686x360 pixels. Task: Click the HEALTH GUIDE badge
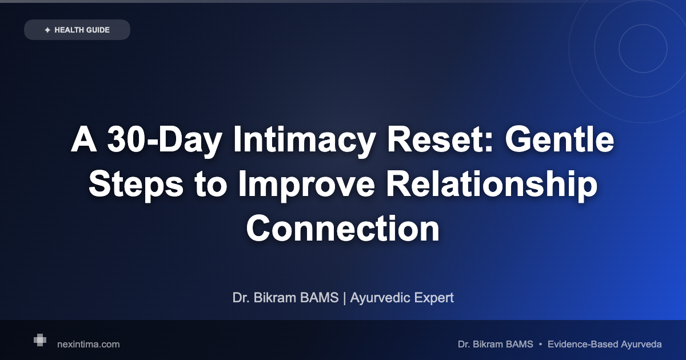tap(77, 30)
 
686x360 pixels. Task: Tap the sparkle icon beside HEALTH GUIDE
tap(47, 30)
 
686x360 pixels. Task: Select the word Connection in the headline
tap(343, 229)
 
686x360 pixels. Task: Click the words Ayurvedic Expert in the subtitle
tap(402, 298)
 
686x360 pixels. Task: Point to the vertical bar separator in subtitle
tap(344, 298)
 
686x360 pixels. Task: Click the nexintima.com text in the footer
tap(89, 344)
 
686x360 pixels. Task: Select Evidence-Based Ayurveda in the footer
tap(604, 344)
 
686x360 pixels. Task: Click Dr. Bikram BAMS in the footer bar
tap(495, 344)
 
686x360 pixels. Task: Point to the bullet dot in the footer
tap(540, 344)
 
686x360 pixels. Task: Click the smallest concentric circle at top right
tap(643, 49)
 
